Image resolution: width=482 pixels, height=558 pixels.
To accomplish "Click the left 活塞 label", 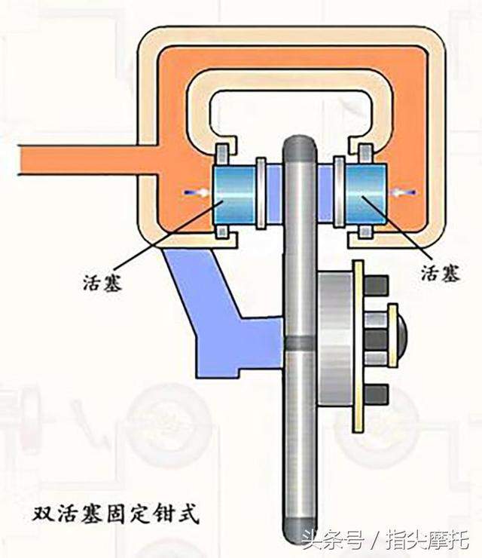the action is click(102, 284).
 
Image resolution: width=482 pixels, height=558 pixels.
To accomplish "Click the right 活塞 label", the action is click(441, 273).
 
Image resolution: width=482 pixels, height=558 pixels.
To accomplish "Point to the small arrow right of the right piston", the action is click(404, 192).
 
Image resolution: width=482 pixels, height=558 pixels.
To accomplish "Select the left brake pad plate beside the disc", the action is click(261, 193).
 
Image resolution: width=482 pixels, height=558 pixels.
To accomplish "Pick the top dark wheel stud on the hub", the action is click(375, 285).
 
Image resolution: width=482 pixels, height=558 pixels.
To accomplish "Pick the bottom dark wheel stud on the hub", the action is click(375, 394).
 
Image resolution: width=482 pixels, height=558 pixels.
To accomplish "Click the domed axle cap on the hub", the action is click(402, 331).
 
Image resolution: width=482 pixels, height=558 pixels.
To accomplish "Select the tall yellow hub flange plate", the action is click(358, 346).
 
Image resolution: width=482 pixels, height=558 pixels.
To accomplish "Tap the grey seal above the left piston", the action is click(223, 154).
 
